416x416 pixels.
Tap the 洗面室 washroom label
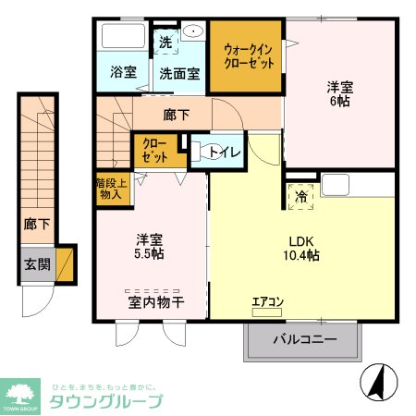click(x=178, y=71)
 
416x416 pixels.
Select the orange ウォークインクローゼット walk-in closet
click(x=245, y=55)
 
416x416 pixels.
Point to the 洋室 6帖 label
click(x=338, y=94)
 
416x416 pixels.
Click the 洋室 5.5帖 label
click(x=150, y=244)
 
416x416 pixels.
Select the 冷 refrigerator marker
click(x=301, y=195)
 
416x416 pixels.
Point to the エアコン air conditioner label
click(x=268, y=301)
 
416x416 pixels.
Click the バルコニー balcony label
click(x=304, y=340)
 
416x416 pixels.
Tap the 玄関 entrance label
click(x=38, y=264)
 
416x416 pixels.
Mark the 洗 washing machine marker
click(x=165, y=42)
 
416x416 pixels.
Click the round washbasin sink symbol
click(x=193, y=31)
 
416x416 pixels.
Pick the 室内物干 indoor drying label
click(x=153, y=301)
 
